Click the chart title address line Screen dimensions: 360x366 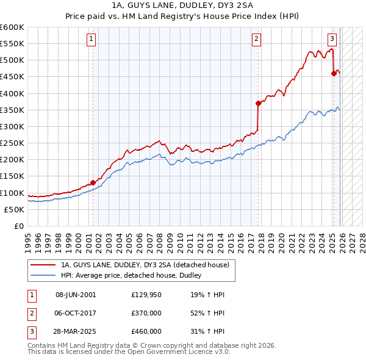[x=183, y=6]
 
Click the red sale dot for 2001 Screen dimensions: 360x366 [x=93, y=182]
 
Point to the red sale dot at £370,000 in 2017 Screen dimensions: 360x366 [x=259, y=103]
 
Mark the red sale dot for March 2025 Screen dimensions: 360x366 [x=334, y=73]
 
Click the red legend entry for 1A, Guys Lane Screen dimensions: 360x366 [x=145, y=265]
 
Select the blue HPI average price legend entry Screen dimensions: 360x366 [x=134, y=276]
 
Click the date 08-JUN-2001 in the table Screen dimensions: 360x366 [x=76, y=295]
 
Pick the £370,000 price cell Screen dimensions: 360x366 [x=146, y=313]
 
